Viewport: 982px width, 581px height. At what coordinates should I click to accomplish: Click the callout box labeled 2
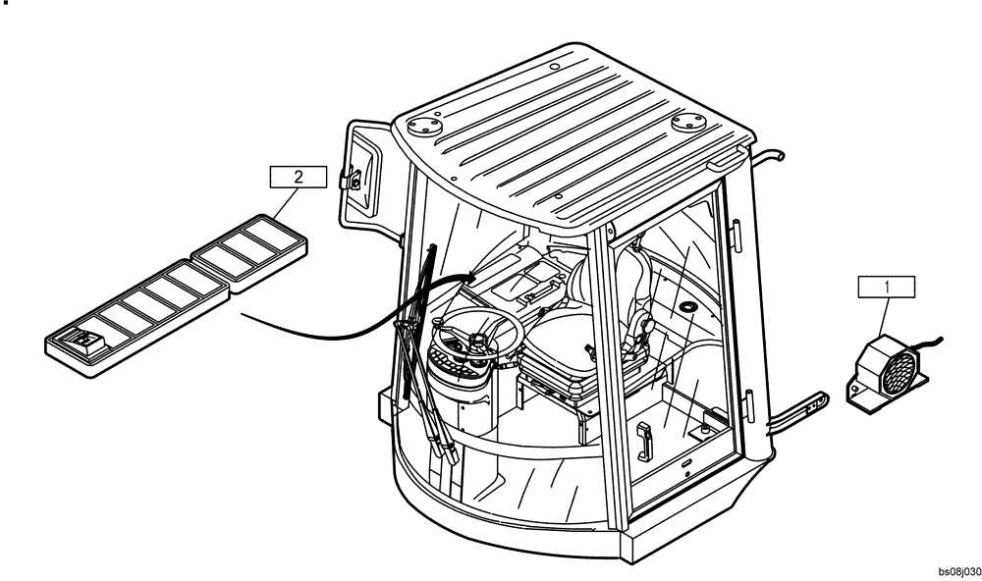coord(298,177)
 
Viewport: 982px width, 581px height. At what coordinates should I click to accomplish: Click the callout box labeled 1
coord(887,287)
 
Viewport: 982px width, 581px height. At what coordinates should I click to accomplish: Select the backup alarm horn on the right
coord(888,370)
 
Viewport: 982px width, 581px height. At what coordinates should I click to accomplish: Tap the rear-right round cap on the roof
coord(690,122)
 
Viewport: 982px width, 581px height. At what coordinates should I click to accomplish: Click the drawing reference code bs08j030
coord(958,570)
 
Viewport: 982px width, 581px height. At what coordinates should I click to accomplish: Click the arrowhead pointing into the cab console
coord(472,279)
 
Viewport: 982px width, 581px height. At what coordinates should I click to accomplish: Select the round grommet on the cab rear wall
coord(686,310)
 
